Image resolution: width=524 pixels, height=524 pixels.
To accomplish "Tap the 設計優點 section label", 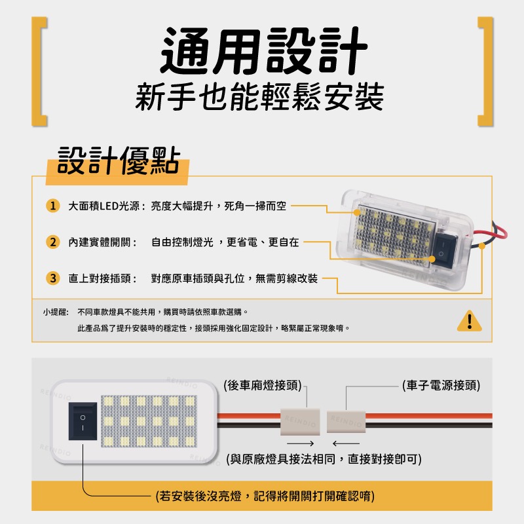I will pyautogui.click(x=118, y=160).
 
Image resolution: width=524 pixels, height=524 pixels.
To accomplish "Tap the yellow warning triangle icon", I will pyautogui.click(x=469, y=320).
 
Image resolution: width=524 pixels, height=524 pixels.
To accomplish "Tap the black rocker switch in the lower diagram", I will pyautogui.click(x=83, y=422).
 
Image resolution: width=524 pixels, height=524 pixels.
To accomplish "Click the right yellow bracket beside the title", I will pyautogui.click(x=485, y=70).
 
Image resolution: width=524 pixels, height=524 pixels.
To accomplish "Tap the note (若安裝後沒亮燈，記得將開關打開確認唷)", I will pyautogui.click(x=265, y=496).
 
